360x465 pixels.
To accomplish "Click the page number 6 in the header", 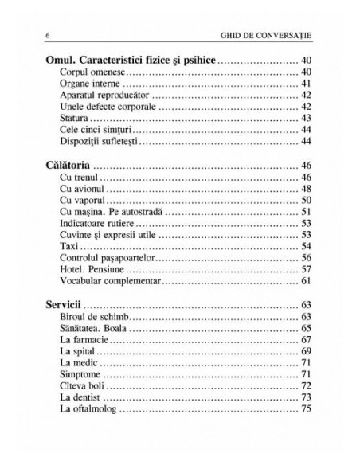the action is pyautogui.click(x=51, y=36).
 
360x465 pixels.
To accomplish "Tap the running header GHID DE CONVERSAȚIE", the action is pyautogui.click(x=260, y=36).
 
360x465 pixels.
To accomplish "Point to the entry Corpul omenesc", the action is pyautogui.click(x=92, y=72).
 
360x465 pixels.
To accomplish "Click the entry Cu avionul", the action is pyautogui.click(x=82, y=190).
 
